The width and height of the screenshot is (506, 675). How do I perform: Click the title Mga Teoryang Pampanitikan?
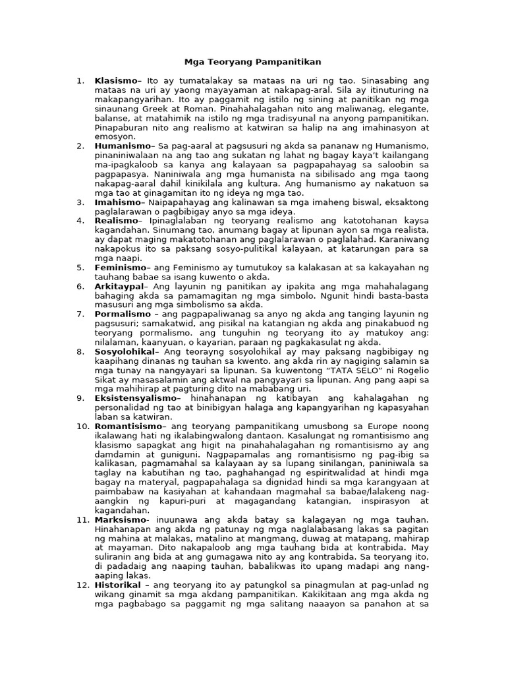[x=253, y=62]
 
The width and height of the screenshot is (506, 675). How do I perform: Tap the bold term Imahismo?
[x=117, y=202]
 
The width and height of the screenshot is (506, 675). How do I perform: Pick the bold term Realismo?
[x=115, y=220]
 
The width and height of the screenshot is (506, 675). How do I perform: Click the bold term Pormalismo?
[x=121, y=314]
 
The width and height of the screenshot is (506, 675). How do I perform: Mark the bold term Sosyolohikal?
[x=125, y=351]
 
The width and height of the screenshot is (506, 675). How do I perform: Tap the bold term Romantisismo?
[x=127, y=426]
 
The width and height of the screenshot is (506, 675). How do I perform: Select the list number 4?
[x=80, y=220]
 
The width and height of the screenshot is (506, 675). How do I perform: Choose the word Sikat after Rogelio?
[x=107, y=380]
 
